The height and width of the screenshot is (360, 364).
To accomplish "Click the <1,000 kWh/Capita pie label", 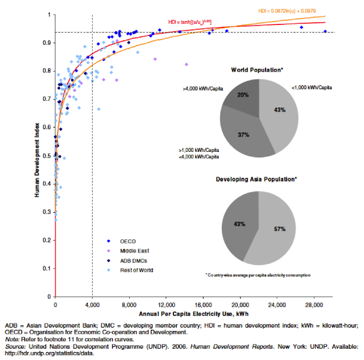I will point(313,88).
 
